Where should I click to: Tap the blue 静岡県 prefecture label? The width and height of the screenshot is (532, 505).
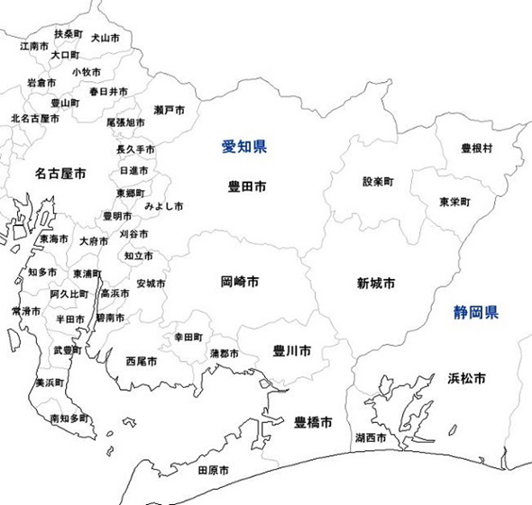(x=475, y=313)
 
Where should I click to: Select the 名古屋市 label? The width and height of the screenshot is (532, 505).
(x=61, y=172)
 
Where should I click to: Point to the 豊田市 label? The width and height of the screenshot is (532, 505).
(x=246, y=187)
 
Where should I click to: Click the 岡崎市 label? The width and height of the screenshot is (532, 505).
(x=240, y=282)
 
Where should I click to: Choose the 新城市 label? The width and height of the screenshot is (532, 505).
(x=376, y=283)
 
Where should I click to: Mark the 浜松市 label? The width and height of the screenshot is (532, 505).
(x=466, y=378)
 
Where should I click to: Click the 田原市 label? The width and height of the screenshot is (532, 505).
(x=212, y=470)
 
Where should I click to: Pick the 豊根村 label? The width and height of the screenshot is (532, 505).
(x=476, y=148)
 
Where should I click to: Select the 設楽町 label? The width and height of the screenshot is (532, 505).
(x=378, y=181)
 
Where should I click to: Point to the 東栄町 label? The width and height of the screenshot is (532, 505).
(x=454, y=202)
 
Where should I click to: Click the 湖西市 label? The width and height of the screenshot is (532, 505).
(x=371, y=438)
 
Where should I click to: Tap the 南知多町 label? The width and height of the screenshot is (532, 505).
(x=69, y=419)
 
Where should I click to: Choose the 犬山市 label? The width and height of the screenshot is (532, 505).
(x=105, y=39)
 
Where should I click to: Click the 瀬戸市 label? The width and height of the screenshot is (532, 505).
(x=170, y=110)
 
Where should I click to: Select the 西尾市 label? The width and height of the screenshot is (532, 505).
(x=142, y=361)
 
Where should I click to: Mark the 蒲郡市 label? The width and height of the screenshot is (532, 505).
(x=225, y=353)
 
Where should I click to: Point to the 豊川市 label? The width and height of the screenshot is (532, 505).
(x=292, y=350)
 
